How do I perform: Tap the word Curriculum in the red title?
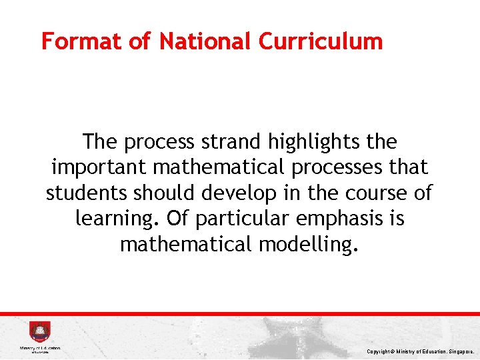coord(321,41)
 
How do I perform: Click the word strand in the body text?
coord(236,142)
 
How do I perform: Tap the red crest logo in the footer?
coord(39,332)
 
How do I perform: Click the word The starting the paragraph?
coord(101,142)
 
